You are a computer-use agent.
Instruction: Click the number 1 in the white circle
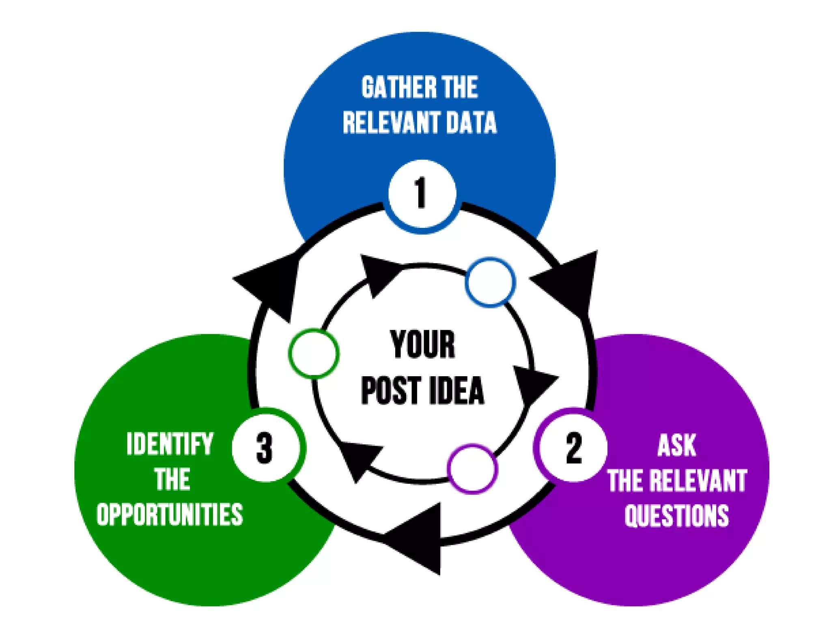pos(421,193)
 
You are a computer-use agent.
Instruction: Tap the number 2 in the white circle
pos(574,448)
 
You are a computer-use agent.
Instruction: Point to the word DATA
pos(471,122)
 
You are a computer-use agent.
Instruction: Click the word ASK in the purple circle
pos(676,446)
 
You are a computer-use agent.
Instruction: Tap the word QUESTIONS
pos(676,515)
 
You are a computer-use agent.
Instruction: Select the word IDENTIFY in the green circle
pos(170,444)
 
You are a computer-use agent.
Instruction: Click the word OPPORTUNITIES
pos(170,514)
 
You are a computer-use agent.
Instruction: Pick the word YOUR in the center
pos(422,344)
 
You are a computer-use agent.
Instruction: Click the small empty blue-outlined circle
pos(490,282)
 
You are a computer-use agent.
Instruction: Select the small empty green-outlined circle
pos(314,353)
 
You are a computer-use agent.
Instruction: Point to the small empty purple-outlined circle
pos(472,468)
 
